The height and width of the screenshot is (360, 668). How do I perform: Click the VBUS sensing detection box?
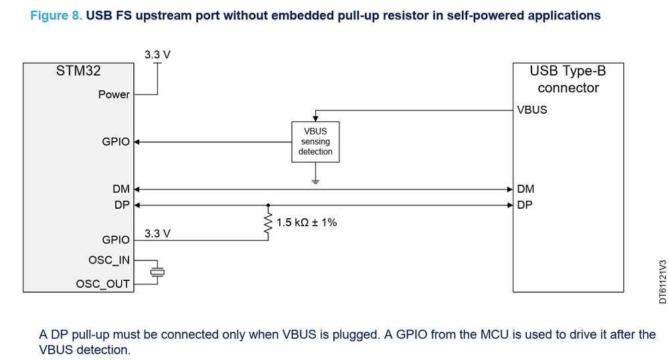point(315,142)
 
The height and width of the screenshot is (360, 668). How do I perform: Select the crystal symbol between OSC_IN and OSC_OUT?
point(158,272)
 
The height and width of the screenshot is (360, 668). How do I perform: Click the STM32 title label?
point(78,71)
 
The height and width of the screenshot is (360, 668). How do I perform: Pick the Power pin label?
point(114,94)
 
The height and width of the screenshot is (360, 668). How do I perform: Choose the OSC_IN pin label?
point(109,260)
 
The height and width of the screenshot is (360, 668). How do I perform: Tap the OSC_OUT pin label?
point(103,284)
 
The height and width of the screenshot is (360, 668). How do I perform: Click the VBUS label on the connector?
point(532,110)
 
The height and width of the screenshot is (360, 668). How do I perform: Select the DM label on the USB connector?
point(525,189)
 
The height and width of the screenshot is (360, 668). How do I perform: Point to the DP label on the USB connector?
point(525,205)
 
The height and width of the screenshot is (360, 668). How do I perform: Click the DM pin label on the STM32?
point(121,189)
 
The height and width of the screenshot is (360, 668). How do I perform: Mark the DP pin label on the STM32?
point(122,205)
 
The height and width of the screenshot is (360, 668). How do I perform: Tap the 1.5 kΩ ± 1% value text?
point(307,222)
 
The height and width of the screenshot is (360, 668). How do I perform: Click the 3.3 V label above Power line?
point(157,55)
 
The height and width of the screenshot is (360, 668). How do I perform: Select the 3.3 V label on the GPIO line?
point(157,234)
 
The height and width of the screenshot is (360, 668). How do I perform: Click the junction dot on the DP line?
point(268,205)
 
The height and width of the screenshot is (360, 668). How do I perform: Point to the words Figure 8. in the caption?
point(56,15)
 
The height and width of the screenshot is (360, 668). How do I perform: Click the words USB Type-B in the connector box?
point(568,71)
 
